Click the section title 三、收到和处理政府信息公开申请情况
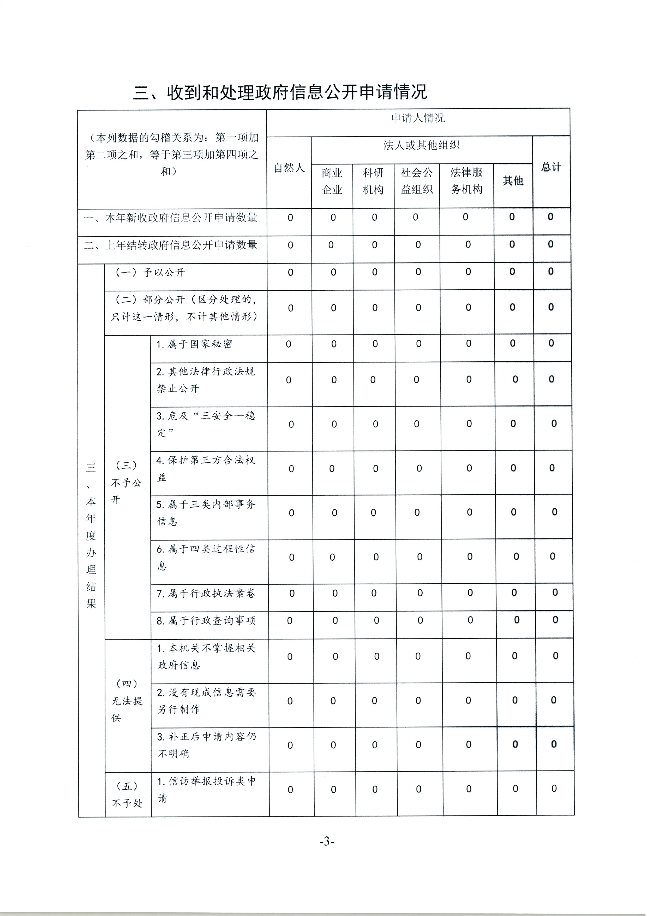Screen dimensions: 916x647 coord(280,92)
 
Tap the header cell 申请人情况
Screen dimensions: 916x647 coord(418,118)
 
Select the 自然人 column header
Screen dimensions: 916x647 coord(289,168)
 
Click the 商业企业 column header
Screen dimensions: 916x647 coord(332,181)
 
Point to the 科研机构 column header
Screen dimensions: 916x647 coord(373,181)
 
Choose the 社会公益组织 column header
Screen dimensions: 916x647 coord(417,181)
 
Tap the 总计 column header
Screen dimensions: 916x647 coord(551,167)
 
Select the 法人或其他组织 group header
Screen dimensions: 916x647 coord(421,145)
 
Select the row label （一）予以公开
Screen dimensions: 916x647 coord(150,273)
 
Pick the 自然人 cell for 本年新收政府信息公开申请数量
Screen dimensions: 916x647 coord(290,218)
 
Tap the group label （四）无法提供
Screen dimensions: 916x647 coord(127,701)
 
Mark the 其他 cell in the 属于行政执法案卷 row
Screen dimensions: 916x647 coord(514,593)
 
